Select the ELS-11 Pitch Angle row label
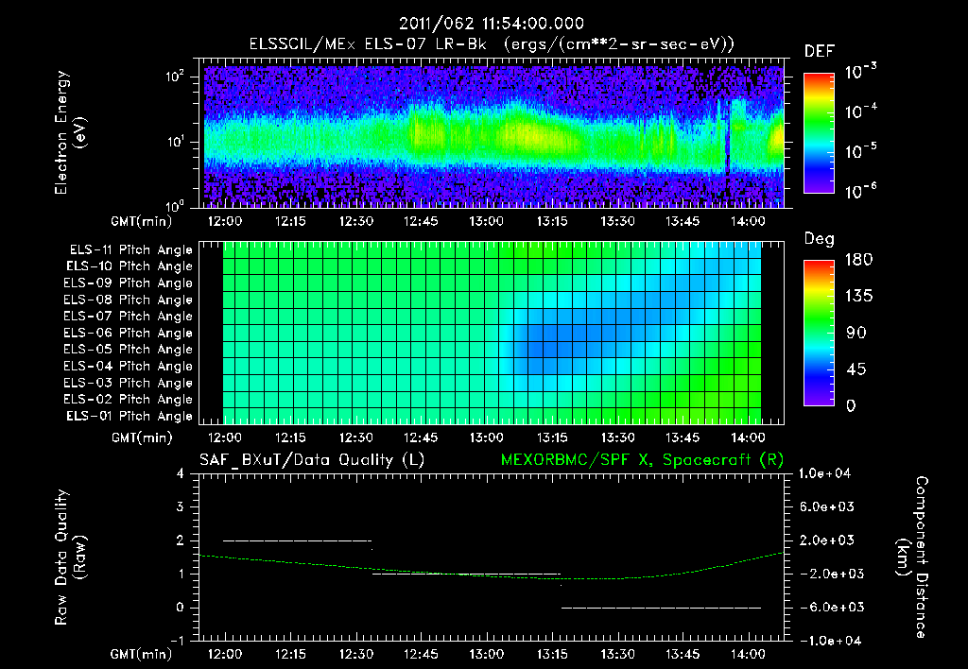pos(130,249)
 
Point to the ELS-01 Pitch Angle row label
pos(130,416)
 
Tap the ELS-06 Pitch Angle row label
pos(130,333)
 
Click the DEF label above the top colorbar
pos(819,50)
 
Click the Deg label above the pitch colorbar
pos(819,239)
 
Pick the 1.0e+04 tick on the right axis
pos(827,473)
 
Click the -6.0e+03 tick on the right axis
pos(827,607)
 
